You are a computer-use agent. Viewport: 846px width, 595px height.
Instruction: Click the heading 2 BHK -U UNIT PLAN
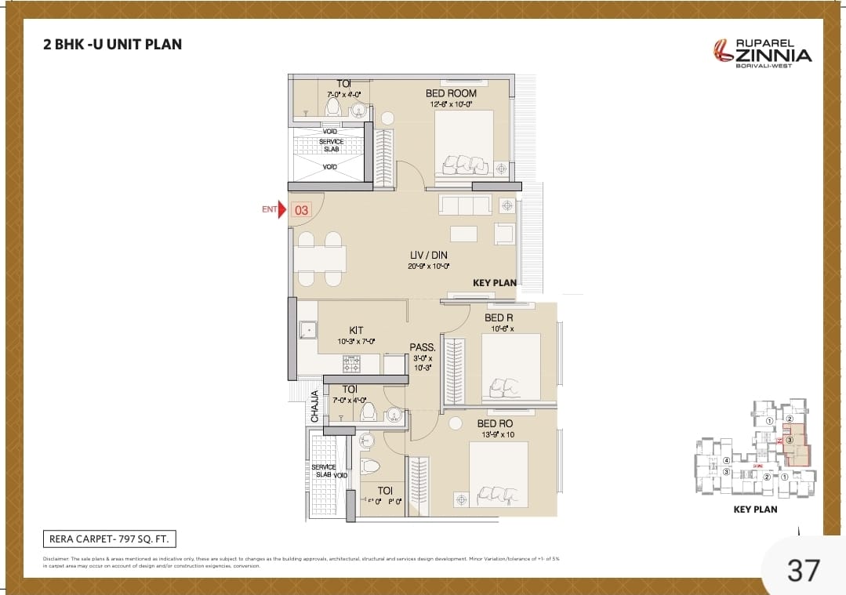tap(113, 44)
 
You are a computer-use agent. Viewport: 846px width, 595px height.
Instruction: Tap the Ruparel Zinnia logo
tap(762, 53)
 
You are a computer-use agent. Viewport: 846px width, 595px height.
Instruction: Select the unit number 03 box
tap(302, 210)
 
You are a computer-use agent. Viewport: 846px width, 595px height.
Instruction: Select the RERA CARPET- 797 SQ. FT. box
tap(109, 539)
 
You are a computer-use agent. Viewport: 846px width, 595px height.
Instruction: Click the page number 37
tap(803, 570)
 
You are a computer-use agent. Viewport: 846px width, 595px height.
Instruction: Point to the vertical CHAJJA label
tap(315, 407)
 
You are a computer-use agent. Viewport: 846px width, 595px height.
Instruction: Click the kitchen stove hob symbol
tap(351, 364)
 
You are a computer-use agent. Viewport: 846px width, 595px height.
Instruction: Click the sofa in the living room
tap(464, 205)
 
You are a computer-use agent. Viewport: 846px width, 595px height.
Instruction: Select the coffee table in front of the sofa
tap(464, 234)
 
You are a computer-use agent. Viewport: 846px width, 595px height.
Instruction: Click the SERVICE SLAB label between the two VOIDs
tap(330, 146)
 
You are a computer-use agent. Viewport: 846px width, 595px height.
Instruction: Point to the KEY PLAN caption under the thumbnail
tap(754, 509)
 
